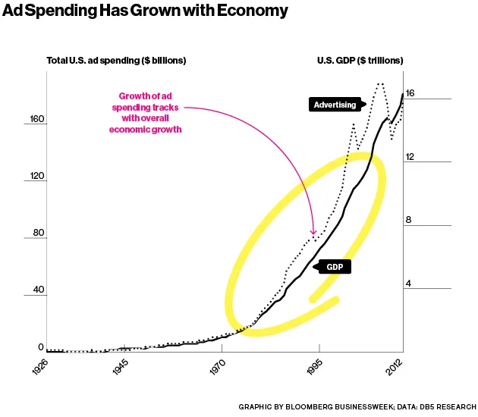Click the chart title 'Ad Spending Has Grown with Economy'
146,11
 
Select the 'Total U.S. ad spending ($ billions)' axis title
116,60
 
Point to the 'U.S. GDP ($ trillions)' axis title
359,60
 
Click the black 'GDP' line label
335,267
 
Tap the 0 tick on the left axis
42,346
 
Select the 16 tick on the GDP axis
410,93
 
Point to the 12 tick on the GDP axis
410,156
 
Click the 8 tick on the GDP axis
407,220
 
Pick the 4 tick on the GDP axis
407,284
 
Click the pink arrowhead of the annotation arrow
313,233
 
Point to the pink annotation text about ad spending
150,113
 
